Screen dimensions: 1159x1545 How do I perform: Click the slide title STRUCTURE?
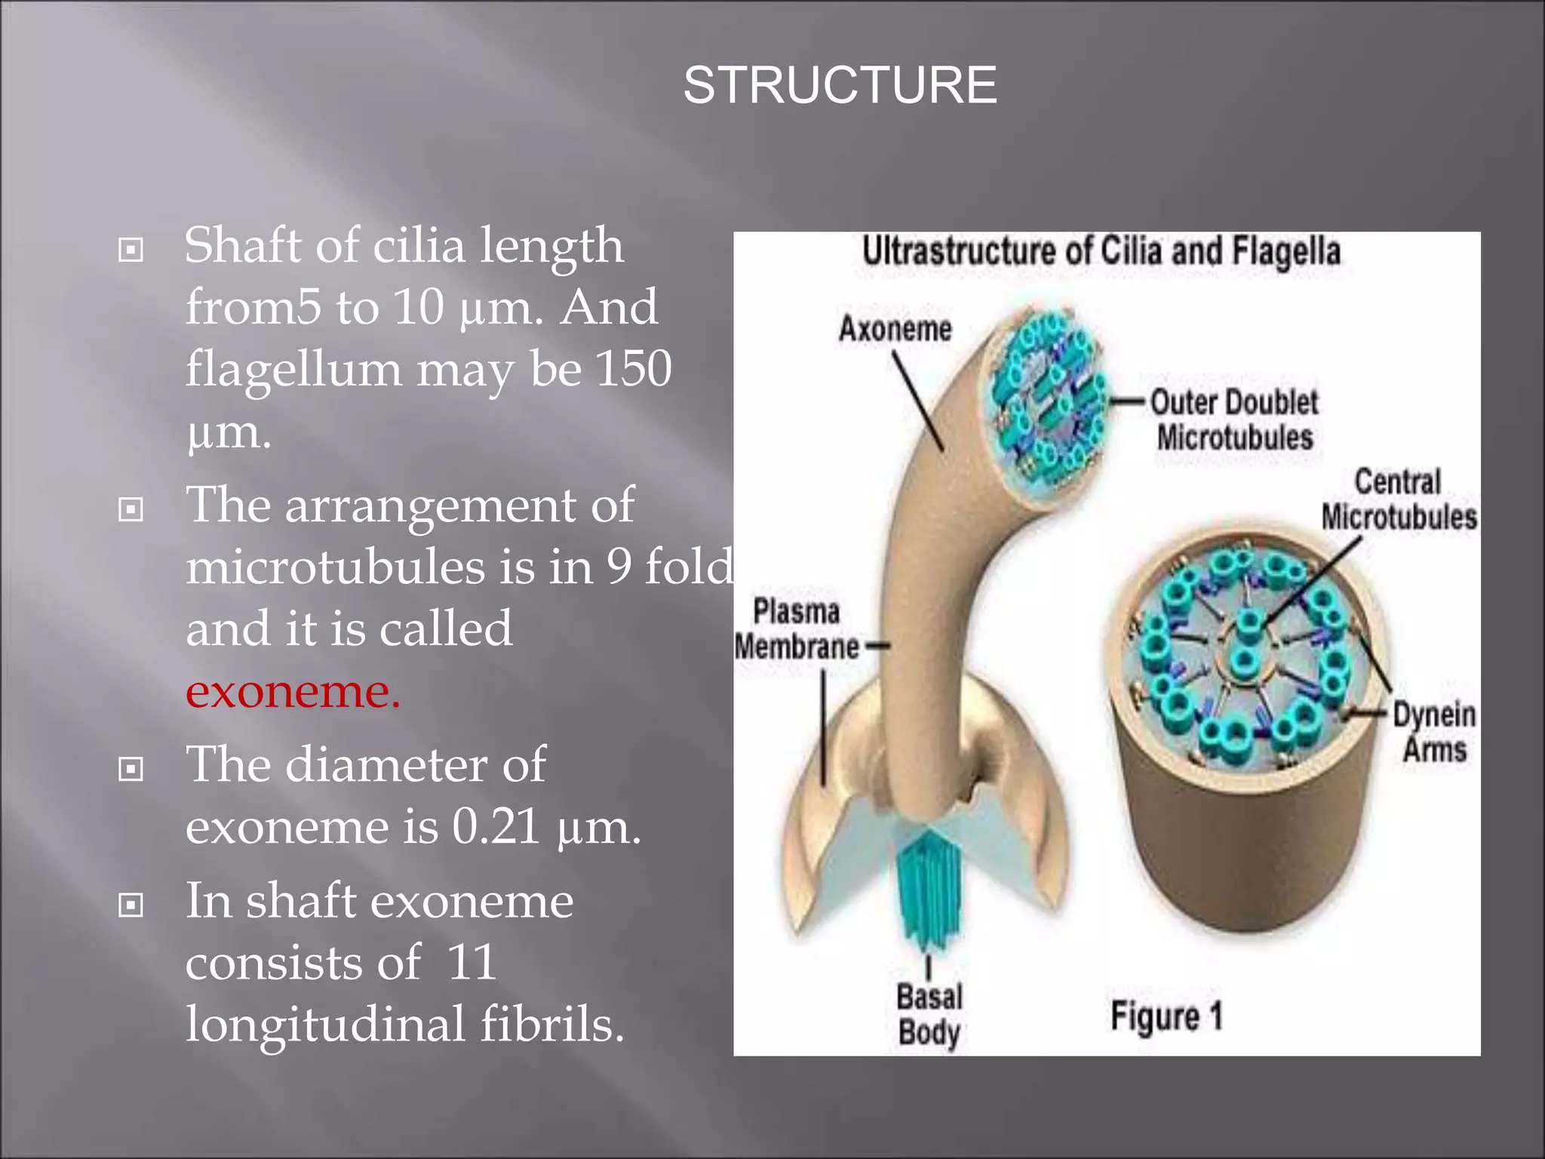click(x=840, y=85)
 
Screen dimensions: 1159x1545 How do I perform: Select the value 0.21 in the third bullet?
click(x=496, y=826)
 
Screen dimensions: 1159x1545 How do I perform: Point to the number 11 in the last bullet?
click(x=471, y=963)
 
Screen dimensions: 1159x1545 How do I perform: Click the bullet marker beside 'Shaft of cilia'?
click(x=131, y=250)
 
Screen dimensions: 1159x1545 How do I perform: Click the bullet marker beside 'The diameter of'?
click(x=131, y=770)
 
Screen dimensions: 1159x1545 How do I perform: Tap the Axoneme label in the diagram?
click(x=895, y=330)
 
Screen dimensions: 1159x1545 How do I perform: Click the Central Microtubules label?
click(x=1398, y=500)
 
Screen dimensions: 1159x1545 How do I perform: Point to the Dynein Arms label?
click(x=1433, y=731)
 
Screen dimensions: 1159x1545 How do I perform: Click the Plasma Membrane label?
click(x=797, y=629)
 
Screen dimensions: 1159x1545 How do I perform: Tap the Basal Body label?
click(x=929, y=1014)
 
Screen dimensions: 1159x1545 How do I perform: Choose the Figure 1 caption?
click(x=1166, y=1016)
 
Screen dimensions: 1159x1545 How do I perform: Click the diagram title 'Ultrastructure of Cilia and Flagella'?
click(x=1101, y=251)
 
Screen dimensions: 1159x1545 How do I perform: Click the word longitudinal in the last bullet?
click(x=325, y=1025)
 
